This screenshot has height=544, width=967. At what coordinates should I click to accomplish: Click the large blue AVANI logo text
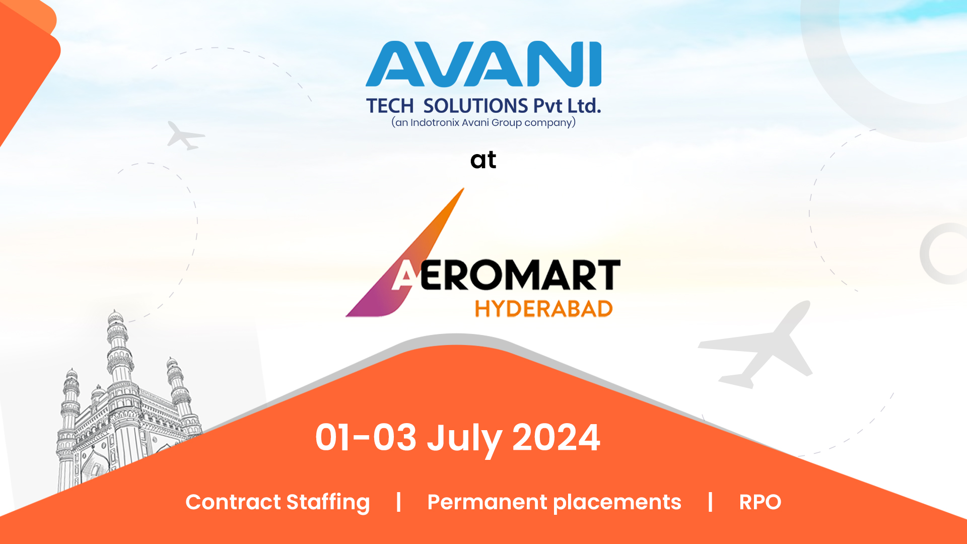point(483,64)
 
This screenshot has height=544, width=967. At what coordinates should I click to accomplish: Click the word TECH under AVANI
point(390,106)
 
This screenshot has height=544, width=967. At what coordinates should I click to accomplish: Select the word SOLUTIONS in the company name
point(475,106)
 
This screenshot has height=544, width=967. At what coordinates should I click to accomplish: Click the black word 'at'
point(483,160)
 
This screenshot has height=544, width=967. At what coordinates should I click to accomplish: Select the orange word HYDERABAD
point(544,309)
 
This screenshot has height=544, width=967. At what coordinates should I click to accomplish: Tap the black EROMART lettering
point(520,275)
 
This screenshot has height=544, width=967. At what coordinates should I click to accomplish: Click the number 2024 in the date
point(556,437)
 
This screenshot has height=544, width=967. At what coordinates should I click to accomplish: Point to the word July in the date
point(464,439)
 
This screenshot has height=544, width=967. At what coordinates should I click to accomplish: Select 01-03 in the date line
point(366,437)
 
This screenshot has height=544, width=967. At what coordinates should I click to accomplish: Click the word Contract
point(233,502)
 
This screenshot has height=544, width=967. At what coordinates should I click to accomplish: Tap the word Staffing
point(328,503)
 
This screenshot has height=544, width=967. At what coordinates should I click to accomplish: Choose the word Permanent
point(488,502)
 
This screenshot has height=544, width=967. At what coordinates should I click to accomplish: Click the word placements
point(617,503)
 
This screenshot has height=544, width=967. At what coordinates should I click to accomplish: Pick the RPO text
point(760,502)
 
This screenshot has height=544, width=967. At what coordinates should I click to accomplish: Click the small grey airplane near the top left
point(185,135)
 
